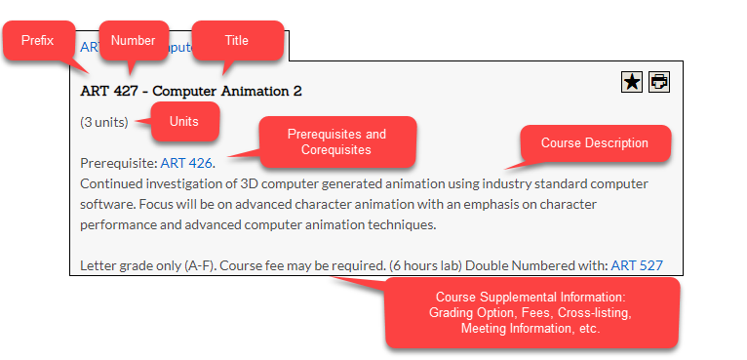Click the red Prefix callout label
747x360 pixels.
tap(38, 41)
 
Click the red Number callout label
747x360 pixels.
tap(133, 40)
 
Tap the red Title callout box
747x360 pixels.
tap(237, 40)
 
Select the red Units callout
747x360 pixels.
tap(183, 121)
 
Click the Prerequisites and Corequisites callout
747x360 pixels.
tap(336, 142)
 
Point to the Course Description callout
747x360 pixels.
tap(594, 143)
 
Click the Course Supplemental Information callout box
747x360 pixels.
tap(531, 312)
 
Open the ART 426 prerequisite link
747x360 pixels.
tap(186, 162)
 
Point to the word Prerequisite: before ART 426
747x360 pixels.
tap(118, 162)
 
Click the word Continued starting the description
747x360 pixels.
tap(111, 183)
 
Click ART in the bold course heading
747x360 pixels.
tap(95, 91)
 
